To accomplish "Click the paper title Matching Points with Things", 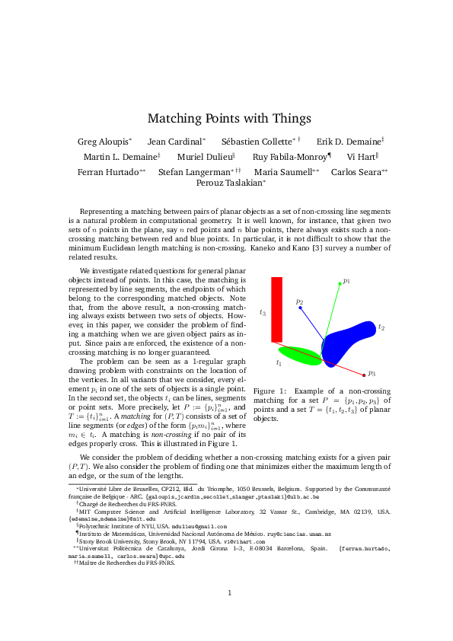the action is click(229, 119).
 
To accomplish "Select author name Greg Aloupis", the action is click(103, 142).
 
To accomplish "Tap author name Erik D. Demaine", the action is click(348, 142).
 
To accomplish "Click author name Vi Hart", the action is click(360, 157).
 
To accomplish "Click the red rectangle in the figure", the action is click(276, 309).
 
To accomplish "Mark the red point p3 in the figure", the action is click(364, 375).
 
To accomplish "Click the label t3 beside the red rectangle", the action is click(263, 312).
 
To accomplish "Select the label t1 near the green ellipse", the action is click(279, 363).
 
